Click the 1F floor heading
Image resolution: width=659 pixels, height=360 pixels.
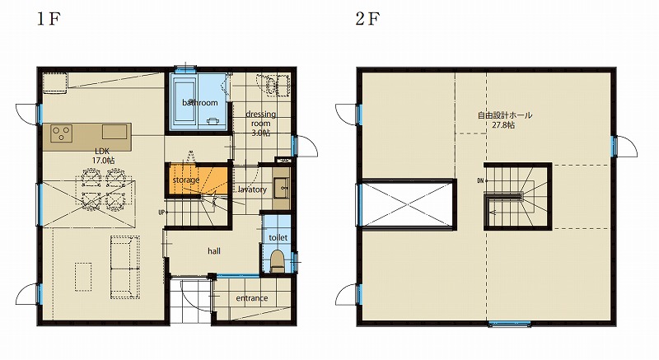pyautogui.click(x=49, y=19)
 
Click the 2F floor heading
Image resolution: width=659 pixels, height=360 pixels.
pyautogui.click(x=368, y=19)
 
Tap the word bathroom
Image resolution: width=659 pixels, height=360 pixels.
pyautogui.click(x=200, y=102)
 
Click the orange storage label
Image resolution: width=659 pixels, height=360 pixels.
pyautogui.click(x=186, y=180)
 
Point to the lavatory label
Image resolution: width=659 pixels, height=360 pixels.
pyautogui.click(x=252, y=189)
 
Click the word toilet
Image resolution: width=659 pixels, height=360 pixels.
pyautogui.click(x=278, y=237)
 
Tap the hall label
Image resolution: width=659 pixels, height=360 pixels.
pyautogui.click(x=214, y=251)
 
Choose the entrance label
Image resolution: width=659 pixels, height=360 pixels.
pyautogui.click(x=252, y=298)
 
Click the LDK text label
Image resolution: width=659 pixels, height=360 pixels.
pyautogui.click(x=101, y=152)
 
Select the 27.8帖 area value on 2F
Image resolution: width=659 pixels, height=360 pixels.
pyautogui.click(x=503, y=125)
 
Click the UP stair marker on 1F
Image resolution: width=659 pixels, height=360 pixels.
pyautogui.click(x=161, y=213)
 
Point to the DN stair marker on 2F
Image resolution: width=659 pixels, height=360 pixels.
pyautogui.click(x=480, y=181)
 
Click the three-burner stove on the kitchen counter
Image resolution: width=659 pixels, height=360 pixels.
pyautogui.click(x=61, y=134)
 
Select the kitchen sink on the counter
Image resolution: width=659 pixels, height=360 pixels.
pyautogui.click(x=114, y=132)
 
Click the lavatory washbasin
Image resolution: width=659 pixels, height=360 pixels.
pyautogui.click(x=281, y=187)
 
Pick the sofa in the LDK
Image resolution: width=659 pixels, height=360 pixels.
pyautogui.click(x=125, y=267)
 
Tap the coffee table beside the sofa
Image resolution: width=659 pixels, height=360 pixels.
pyautogui.click(x=83, y=277)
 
